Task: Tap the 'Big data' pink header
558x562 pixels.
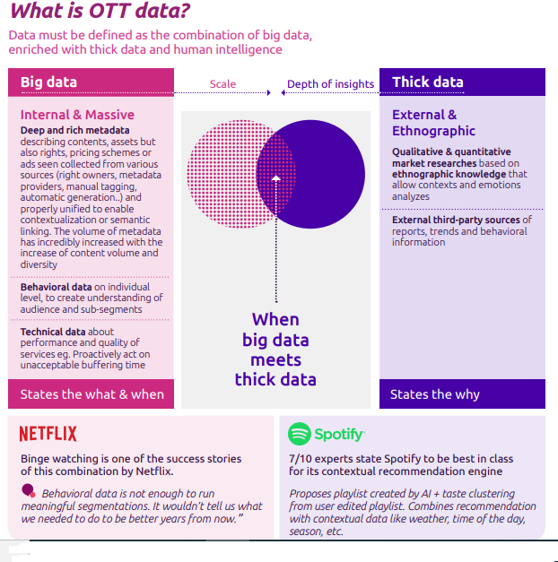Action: [48, 82]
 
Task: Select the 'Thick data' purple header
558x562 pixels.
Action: [427, 82]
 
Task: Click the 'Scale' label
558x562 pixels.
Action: [222, 84]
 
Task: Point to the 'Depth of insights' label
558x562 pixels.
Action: [330, 84]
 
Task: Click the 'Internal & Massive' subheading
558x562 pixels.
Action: [77, 115]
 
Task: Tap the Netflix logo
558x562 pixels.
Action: [48, 435]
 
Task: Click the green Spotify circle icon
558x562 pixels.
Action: [299, 435]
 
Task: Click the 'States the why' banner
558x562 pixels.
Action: [434, 394]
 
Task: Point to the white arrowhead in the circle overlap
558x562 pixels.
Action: [276, 178]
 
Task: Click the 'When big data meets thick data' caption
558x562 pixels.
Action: [275, 349]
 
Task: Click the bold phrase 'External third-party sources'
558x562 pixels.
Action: [456, 220]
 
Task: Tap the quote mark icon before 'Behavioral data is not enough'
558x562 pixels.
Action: [29, 491]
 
